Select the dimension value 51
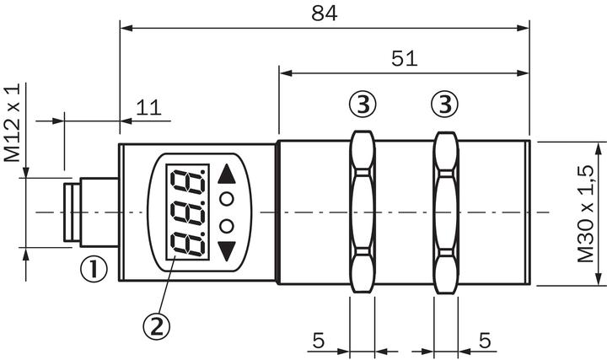coord(405,58)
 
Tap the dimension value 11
coord(149,107)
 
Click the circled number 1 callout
coord(94,269)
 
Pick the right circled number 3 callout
coord(444,105)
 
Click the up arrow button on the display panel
coord(227,175)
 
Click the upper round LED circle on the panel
coord(227,199)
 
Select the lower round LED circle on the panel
coord(227,225)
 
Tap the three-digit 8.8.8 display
coord(187,212)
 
